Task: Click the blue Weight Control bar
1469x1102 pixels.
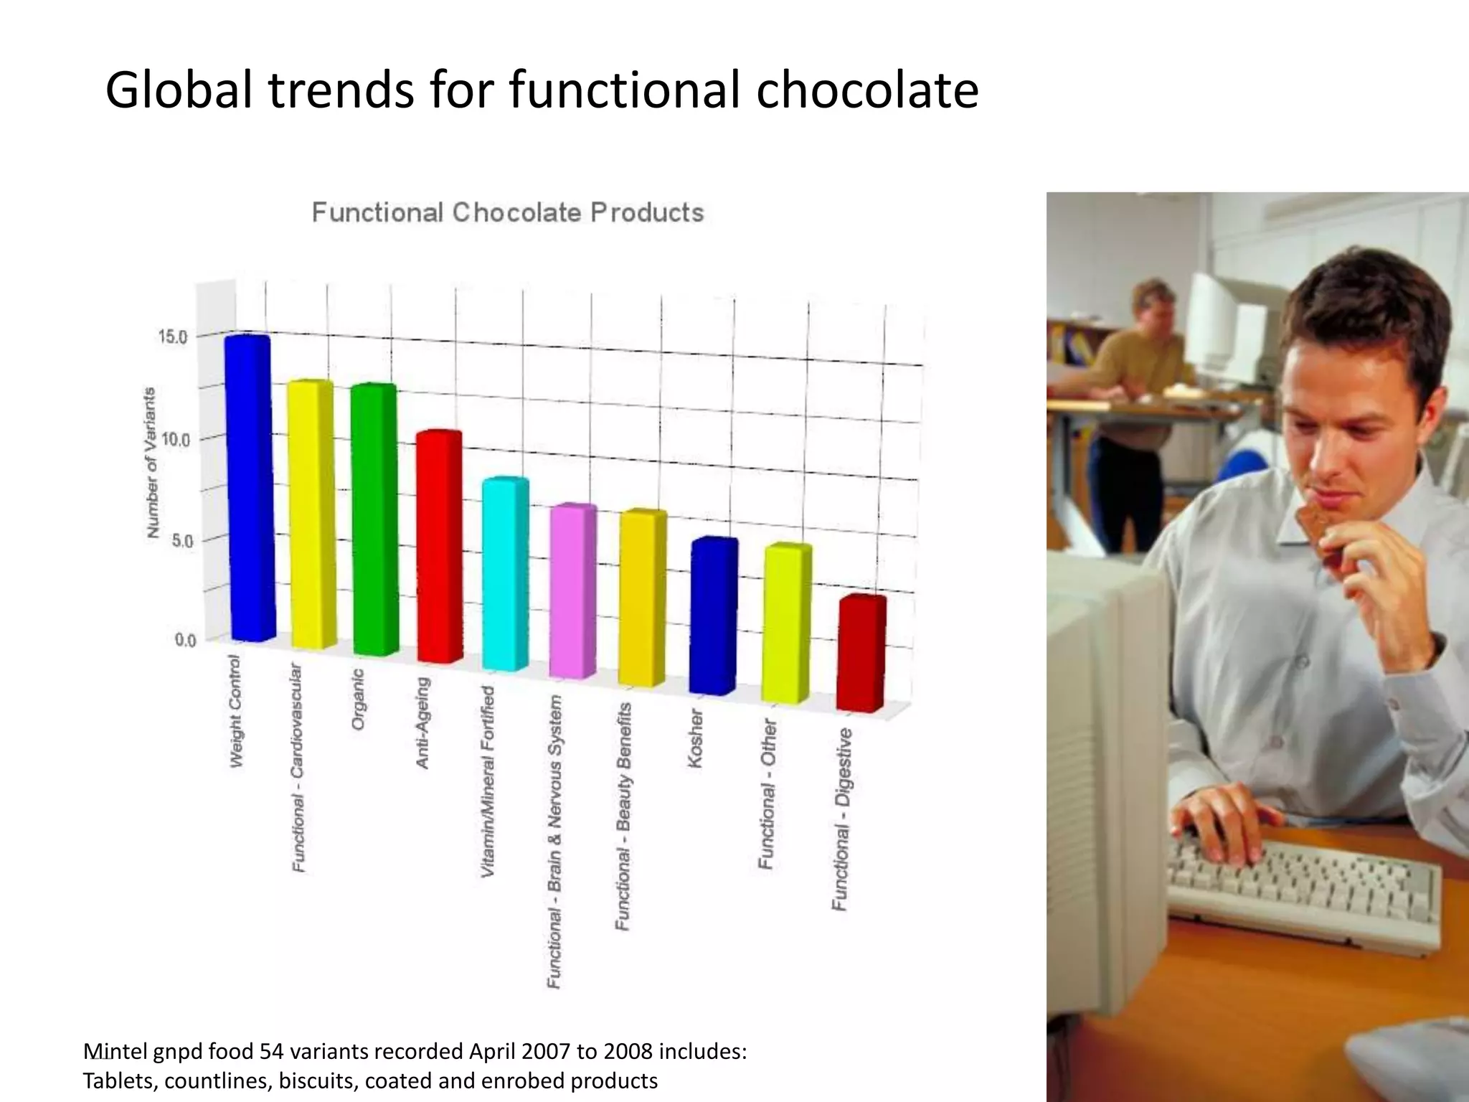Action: pos(249,488)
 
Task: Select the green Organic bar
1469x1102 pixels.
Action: pos(374,520)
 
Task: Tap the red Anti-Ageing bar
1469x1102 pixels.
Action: pos(439,547)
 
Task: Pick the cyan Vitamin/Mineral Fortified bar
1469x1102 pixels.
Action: pos(505,574)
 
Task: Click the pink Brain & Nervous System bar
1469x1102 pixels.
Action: pos(573,591)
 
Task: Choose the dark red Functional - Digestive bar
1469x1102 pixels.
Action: pos(861,654)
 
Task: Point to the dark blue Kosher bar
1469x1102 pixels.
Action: pos(713,616)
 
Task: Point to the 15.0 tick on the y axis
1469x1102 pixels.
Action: pos(172,336)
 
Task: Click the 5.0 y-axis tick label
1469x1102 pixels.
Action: pos(181,541)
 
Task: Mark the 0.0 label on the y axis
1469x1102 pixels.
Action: pos(185,640)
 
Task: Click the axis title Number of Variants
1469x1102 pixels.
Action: pos(151,463)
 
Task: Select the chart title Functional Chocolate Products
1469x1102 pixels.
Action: pos(507,213)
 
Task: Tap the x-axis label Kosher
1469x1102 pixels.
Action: pos(695,738)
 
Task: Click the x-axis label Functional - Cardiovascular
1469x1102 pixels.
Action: pos(297,768)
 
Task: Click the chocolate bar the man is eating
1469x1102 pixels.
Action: pos(1318,532)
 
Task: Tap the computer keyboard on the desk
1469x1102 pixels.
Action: pos(1302,893)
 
